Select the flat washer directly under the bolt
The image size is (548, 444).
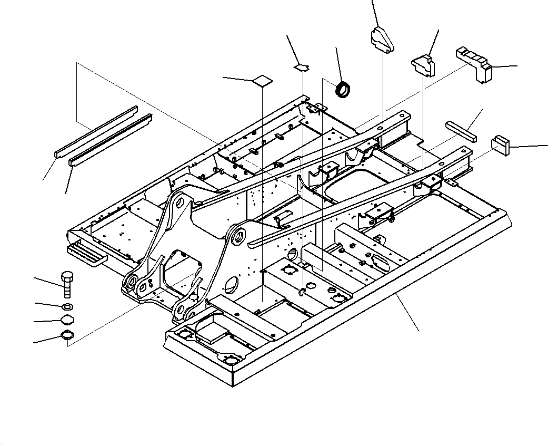coord(67,307)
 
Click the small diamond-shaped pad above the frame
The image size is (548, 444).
coord(302,67)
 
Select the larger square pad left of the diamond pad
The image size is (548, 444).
coord(263,80)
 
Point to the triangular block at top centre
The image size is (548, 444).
coord(383,40)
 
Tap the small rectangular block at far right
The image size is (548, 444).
coord(501,144)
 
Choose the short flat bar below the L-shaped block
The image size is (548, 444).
coord(461,130)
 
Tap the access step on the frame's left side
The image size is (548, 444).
coord(87,253)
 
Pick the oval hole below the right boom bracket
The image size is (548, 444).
coord(231,286)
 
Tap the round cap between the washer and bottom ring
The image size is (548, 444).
coord(67,320)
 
